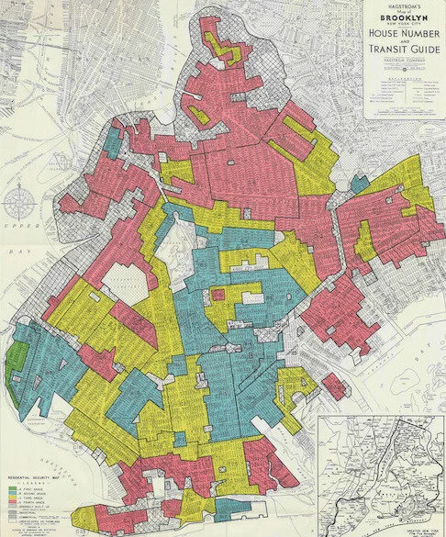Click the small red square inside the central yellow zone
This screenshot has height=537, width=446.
(219, 295)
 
